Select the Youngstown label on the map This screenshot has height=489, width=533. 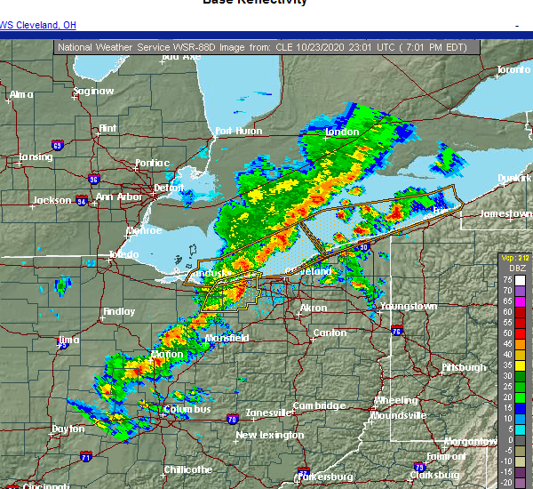(409, 306)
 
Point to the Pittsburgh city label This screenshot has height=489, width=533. (465, 367)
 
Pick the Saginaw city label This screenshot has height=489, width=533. (93, 91)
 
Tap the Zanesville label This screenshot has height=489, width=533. (264, 413)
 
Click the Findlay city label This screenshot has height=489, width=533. (118, 311)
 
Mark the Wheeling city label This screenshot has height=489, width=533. (395, 400)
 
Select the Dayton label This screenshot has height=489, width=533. (68, 429)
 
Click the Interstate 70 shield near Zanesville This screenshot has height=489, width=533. (231, 417)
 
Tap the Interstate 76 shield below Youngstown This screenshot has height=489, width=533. (396, 332)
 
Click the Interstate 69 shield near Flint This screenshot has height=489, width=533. (58, 144)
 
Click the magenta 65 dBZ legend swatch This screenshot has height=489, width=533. (520, 301)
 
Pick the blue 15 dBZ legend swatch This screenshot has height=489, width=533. (520, 408)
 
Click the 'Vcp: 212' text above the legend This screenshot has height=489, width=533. (513, 257)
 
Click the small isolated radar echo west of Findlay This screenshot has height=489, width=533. (62, 286)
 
